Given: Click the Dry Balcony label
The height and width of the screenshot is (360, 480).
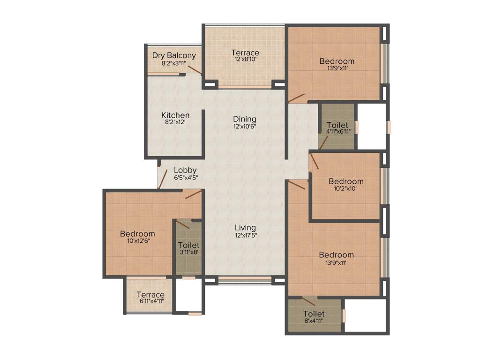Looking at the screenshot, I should pyautogui.click(x=174, y=55).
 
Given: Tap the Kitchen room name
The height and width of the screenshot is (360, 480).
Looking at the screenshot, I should pyautogui.click(x=175, y=115).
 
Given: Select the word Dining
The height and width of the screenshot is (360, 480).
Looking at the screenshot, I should pyautogui.click(x=245, y=119).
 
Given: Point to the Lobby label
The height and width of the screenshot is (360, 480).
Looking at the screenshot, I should pyautogui.click(x=185, y=170).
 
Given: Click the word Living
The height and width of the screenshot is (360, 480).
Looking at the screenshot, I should pyautogui.click(x=245, y=227).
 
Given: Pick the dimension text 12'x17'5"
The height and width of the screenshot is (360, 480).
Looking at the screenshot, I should pyautogui.click(x=246, y=235).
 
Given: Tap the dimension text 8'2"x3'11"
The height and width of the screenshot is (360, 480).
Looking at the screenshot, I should pyautogui.click(x=174, y=63).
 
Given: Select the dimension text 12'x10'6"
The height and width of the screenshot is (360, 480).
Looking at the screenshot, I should pyautogui.click(x=245, y=126).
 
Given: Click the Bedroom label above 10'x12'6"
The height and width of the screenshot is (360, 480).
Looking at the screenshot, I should pyautogui.click(x=137, y=233).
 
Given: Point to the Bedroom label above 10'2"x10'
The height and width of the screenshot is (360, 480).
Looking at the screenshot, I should pyautogui.click(x=346, y=181).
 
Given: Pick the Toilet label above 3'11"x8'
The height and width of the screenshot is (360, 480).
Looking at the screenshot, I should pyautogui.click(x=188, y=245).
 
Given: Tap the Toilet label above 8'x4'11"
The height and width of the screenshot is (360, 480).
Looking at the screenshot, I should pyautogui.click(x=314, y=314).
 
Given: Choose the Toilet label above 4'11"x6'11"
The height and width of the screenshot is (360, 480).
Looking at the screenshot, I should pyautogui.click(x=337, y=125).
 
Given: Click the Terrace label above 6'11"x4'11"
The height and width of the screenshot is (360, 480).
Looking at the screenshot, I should pyautogui.click(x=150, y=294).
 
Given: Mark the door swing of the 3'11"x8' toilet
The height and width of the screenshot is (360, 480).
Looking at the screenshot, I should pyautogui.click(x=182, y=224).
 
